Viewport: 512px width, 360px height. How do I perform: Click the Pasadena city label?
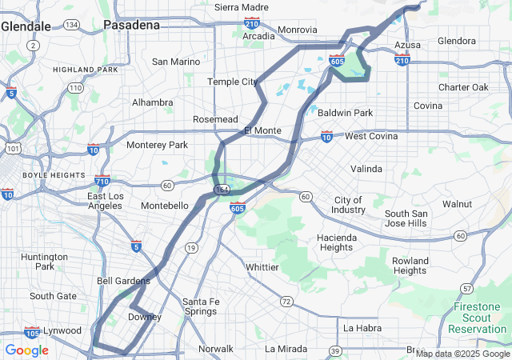131,25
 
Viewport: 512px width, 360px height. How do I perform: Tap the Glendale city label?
26,26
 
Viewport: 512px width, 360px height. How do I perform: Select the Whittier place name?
262,266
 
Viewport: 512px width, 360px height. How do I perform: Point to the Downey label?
145,317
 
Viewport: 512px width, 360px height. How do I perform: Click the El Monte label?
262,130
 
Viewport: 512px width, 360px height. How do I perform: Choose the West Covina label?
370,136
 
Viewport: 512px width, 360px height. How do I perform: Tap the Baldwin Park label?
345,113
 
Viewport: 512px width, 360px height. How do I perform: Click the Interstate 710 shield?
102,181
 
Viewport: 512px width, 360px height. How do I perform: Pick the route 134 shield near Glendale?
72,26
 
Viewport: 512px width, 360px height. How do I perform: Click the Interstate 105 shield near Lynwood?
32,333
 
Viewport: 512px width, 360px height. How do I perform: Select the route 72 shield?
286,302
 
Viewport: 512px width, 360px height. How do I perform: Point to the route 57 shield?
466,287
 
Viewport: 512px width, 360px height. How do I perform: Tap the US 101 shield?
12,148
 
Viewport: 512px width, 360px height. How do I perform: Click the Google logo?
26,350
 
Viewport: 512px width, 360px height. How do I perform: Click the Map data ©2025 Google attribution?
462,354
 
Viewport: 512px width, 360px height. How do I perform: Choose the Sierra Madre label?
242,7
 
